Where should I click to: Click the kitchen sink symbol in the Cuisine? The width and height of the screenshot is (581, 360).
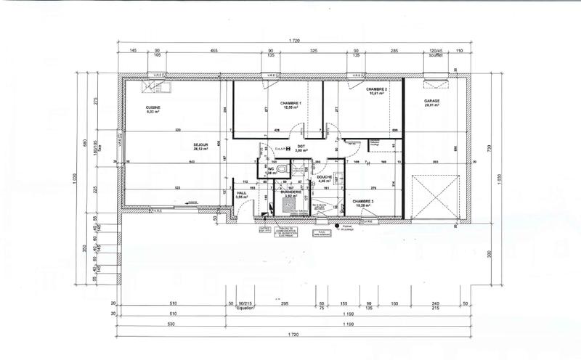click(x=157, y=88)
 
